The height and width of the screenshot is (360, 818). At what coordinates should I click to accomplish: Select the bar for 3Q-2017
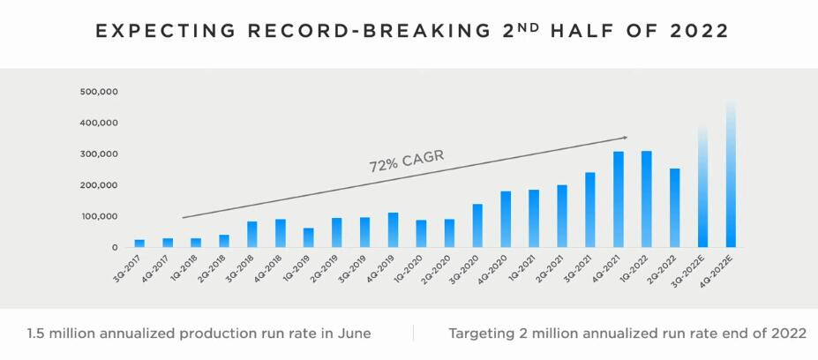click(139, 243)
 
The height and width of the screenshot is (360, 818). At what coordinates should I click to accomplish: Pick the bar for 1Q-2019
click(309, 237)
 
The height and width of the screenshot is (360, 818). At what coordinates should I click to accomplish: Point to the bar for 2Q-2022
click(675, 207)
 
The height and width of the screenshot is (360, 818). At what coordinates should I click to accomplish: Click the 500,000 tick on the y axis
click(99, 92)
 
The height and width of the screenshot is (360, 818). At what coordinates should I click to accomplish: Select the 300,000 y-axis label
click(99, 154)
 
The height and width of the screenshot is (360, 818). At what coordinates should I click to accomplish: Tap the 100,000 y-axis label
click(99, 216)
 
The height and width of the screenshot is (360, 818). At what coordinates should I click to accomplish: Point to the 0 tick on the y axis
click(114, 248)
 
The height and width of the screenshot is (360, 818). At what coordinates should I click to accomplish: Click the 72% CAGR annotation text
click(406, 161)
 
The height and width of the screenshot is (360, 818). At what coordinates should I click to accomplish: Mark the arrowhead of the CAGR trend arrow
click(625, 137)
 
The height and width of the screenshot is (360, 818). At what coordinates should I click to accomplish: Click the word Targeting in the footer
click(482, 334)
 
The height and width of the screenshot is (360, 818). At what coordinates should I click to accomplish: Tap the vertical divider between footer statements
click(413, 333)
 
